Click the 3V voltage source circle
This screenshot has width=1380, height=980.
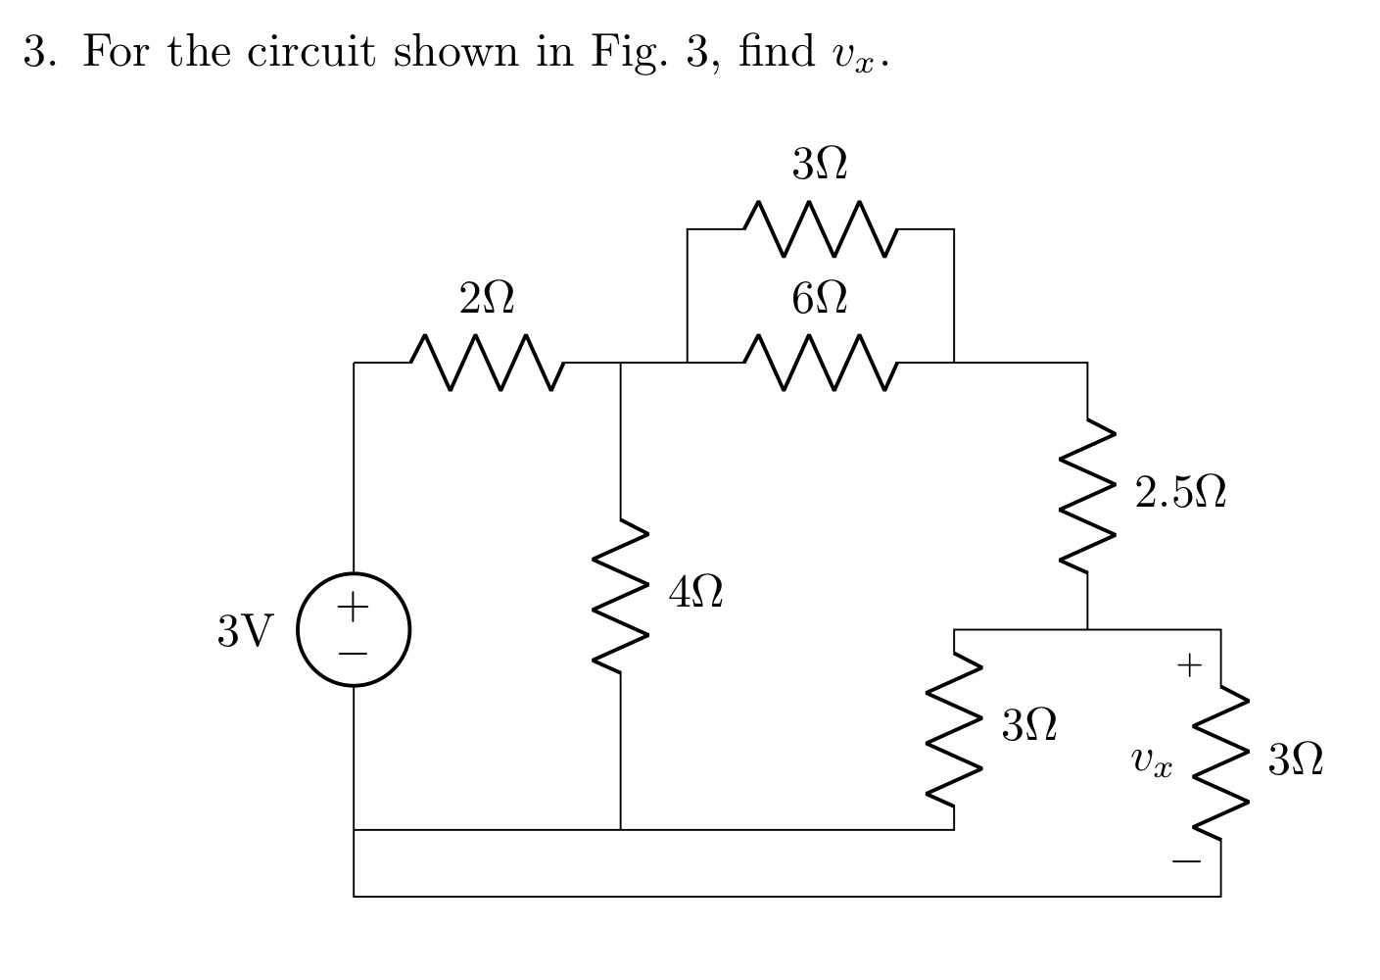(x=354, y=629)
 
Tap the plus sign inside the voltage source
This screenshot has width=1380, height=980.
(x=353, y=608)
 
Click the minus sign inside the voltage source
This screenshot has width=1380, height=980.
(x=353, y=652)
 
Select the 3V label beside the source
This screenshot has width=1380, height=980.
(x=245, y=631)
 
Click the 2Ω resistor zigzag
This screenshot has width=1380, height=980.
(x=486, y=363)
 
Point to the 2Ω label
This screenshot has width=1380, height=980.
(x=486, y=298)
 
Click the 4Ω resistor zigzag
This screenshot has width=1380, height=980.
(x=621, y=597)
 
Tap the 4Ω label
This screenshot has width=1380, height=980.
(x=696, y=592)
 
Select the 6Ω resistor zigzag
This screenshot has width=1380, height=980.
(x=820, y=363)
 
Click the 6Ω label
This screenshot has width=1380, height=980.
(x=820, y=298)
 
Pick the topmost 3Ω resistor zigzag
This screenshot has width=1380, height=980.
(x=820, y=229)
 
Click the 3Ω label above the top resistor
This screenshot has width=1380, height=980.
(x=820, y=164)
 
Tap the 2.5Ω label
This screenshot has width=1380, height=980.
(x=1180, y=493)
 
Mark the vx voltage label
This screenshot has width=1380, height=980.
(x=1151, y=760)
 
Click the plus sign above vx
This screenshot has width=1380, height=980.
(x=1188, y=666)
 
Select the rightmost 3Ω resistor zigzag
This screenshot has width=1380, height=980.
(x=1220, y=762)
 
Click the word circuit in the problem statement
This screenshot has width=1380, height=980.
(x=311, y=51)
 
